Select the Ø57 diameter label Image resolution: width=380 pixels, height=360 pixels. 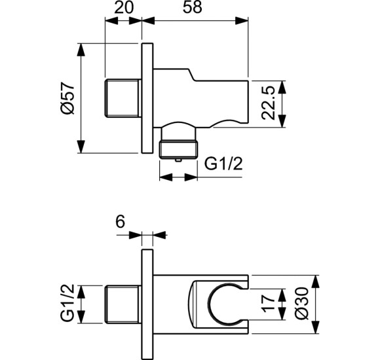point(66,99)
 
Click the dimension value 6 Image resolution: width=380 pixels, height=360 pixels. point(120,222)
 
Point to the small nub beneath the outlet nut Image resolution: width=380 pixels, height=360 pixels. point(178,158)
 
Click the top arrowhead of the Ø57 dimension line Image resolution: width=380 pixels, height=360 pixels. point(81,48)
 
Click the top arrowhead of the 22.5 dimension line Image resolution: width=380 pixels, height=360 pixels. point(282,86)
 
